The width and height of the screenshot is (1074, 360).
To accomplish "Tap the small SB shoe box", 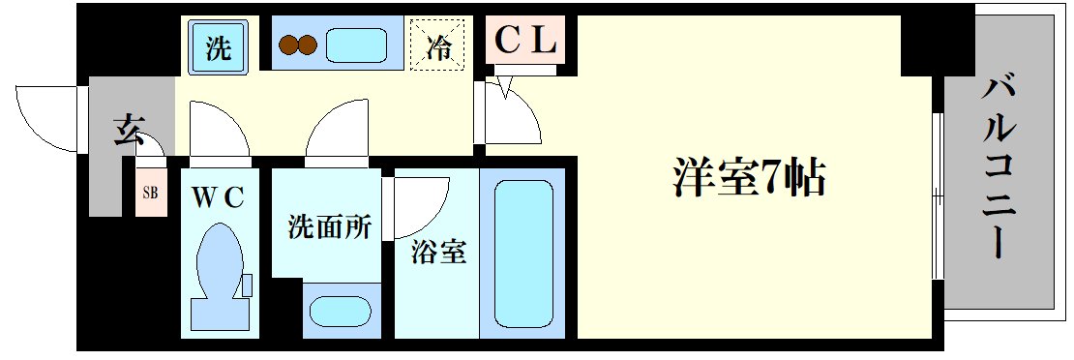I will point(150,192).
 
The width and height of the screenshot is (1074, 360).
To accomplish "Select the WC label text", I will point(222,196).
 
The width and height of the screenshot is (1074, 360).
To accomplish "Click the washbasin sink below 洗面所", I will point(338,313).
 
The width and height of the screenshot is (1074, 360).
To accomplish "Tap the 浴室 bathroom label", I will point(440,253).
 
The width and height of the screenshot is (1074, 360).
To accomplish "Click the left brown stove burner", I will point(288,45).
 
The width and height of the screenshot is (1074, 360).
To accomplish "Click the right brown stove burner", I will point(308,45).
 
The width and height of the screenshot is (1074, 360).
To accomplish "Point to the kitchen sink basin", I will point(356,45).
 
